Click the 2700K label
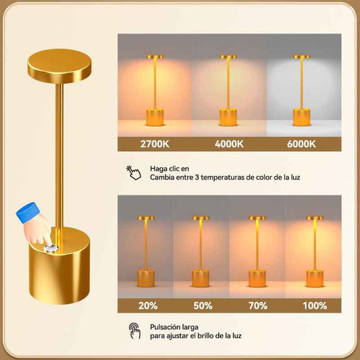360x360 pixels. click(x=155, y=144)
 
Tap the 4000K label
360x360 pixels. click(x=229, y=144)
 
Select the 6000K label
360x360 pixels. click(x=301, y=144)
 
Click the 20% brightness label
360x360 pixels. click(x=148, y=306)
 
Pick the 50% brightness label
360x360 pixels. click(x=203, y=306)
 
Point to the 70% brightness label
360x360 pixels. click(x=258, y=306)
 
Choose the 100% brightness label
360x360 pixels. click(x=315, y=306)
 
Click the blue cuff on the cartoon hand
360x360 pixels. click(x=26, y=212)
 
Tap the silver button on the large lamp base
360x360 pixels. click(x=51, y=248)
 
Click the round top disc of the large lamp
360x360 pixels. click(x=59, y=66)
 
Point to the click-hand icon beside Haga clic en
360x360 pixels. click(x=134, y=172)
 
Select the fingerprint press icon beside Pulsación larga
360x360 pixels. click(x=134, y=331)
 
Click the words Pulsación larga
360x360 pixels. click(x=174, y=327)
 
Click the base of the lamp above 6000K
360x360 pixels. click(x=301, y=118)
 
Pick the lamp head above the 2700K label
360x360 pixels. click(x=155, y=57)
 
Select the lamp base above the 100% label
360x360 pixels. click(x=315, y=278)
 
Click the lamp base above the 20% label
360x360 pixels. click(x=146, y=278)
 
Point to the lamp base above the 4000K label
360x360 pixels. click(x=228, y=118)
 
